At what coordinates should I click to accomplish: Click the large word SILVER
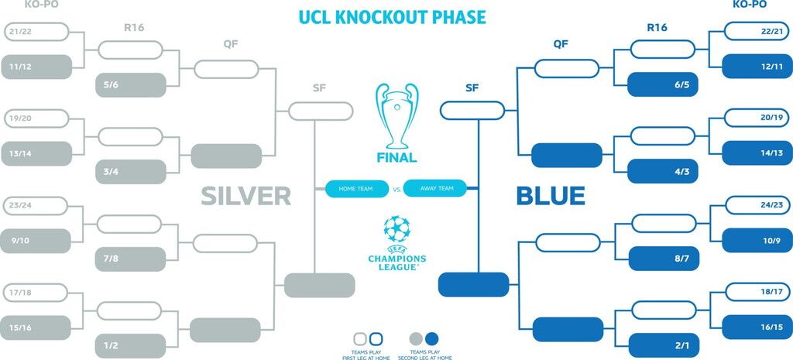click(245, 196)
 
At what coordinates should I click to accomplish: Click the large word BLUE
click(550, 196)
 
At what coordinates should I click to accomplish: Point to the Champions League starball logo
click(397, 229)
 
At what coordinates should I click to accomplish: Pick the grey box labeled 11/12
click(36, 67)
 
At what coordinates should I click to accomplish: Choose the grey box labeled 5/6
click(132, 84)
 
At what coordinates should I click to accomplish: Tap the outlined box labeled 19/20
click(36, 118)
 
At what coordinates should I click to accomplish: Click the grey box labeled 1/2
click(132, 345)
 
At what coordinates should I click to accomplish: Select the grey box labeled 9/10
click(36, 240)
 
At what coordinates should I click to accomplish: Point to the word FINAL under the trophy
click(397, 158)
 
